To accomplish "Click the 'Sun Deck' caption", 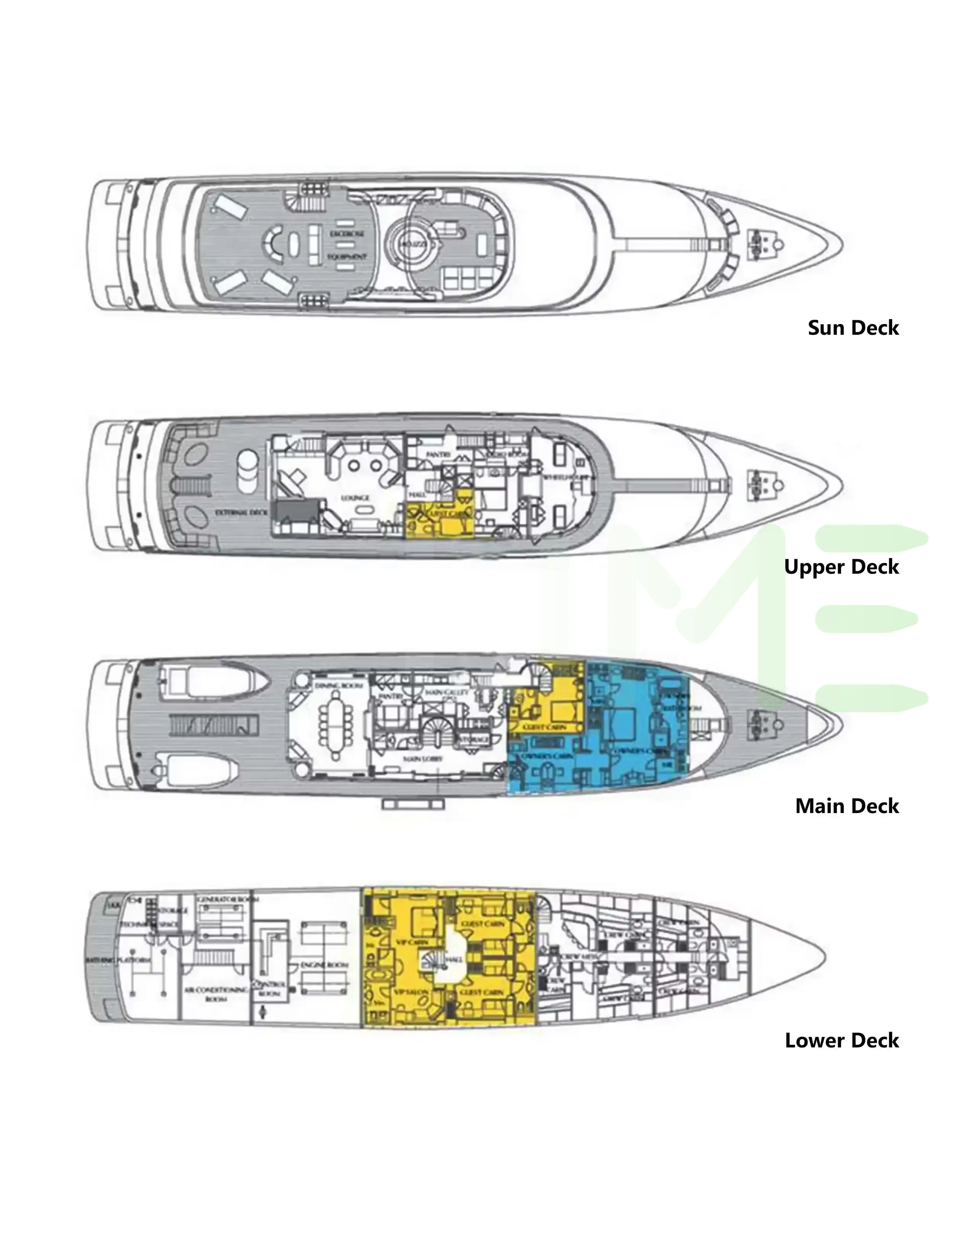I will point(853,328).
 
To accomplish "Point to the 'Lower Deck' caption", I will point(841,1040).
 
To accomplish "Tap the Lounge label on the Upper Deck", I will point(355,497).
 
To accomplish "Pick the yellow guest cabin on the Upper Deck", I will point(440,518).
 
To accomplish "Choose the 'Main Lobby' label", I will point(422,759).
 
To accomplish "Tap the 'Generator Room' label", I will point(227,899).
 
